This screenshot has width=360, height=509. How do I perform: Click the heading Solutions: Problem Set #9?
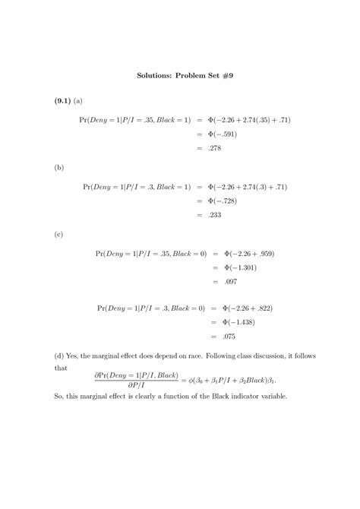coord(179,76)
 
